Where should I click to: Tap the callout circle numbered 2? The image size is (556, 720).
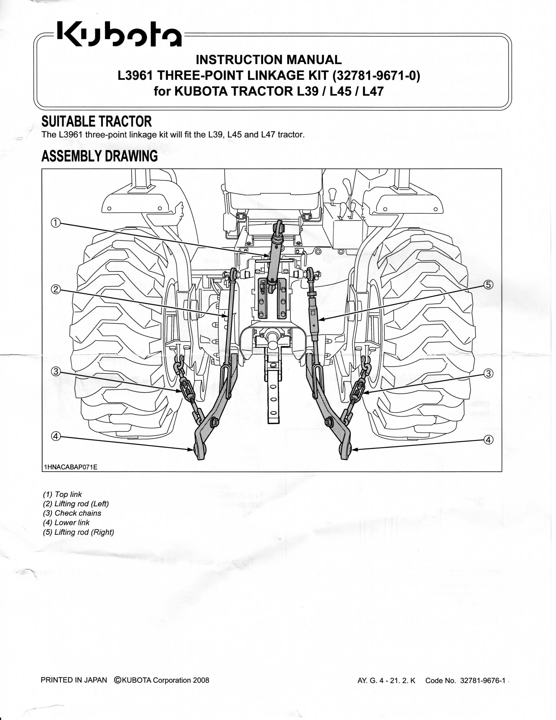coord(56,289)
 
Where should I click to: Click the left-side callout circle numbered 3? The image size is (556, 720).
coord(56,371)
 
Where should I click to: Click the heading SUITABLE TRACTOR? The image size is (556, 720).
coord(97,122)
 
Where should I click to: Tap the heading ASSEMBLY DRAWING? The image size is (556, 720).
coord(99,156)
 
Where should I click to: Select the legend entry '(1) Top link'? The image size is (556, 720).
coord(62,494)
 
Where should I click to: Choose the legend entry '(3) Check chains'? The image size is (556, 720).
coord(72,513)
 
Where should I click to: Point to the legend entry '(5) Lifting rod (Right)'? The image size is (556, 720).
coord(78,532)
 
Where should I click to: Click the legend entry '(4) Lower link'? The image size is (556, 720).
coord(66,522)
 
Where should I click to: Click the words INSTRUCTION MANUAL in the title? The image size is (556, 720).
coord(268,60)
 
